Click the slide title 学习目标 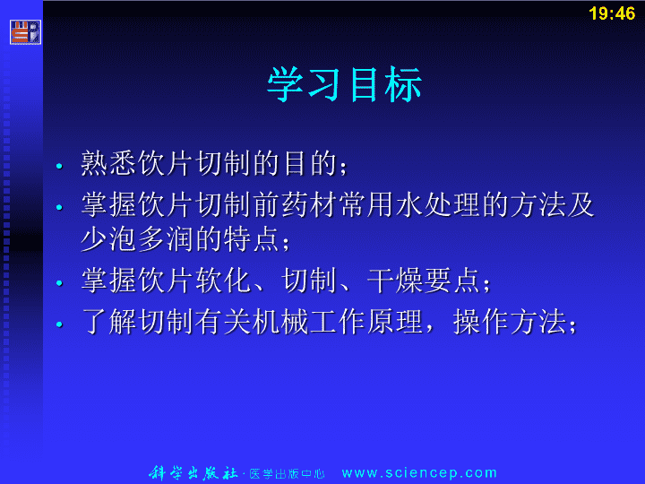click(x=344, y=84)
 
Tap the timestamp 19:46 click(x=612, y=14)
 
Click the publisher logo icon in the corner click(x=25, y=31)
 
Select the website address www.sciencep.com click(x=419, y=473)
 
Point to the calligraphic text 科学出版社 click(x=193, y=473)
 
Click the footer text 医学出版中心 click(x=287, y=474)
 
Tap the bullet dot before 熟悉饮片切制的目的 click(x=59, y=166)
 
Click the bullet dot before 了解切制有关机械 click(x=59, y=324)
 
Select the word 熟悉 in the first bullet click(x=108, y=163)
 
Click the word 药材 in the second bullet click(x=309, y=204)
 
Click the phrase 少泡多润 click(x=137, y=238)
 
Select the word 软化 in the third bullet click(x=223, y=281)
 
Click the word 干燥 click(x=394, y=281)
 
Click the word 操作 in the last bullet click(x=480, y=322)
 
